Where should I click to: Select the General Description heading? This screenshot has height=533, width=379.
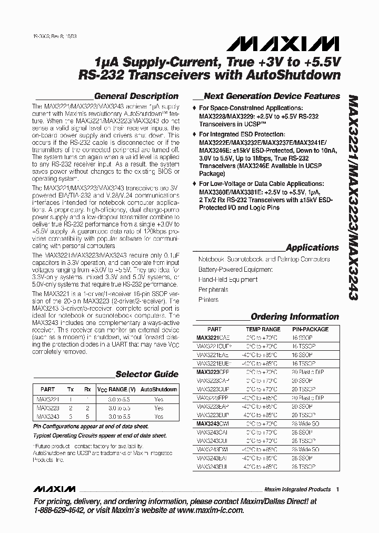tap(136, 96)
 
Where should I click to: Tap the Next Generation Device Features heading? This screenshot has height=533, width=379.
tap(272, 96)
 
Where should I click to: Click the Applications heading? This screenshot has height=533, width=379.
tap(312, 248)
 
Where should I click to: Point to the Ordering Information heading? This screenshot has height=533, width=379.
tap(294, 317)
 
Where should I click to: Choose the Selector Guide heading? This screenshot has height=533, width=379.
tap(147, 374)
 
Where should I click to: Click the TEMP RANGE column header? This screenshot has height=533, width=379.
tap(263, 329)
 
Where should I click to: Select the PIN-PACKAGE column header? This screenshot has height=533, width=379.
tap(310, 329)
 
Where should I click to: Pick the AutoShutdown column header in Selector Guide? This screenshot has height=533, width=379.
tap(159, 390)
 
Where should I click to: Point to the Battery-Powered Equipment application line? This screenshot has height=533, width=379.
tap(235, 269)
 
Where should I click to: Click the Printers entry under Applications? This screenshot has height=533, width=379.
tap(208, 300)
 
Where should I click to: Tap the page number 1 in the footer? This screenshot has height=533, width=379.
tap(337, 489)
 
